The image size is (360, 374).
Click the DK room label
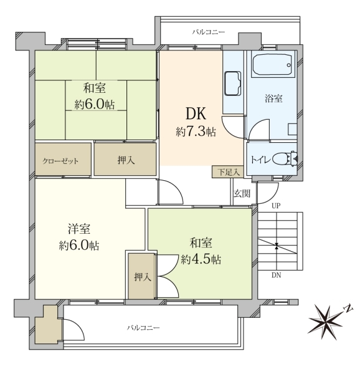(x=196, y=113)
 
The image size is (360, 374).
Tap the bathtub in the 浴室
(x=272, y=65)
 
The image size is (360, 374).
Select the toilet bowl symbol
(x=285, y=158)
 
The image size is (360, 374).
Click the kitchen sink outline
(x=232, y=84)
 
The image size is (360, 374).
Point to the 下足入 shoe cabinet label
(x=228, y=172)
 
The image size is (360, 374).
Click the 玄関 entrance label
(x=242, y=193)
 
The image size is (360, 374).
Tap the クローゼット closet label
(x=60, y=161)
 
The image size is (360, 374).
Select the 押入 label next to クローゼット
(x=126, y=160)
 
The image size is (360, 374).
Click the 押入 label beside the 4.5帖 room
(x=143, y=277)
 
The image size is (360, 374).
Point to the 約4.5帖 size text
(x=201, y=259)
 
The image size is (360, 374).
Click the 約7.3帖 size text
(x=196, y=132)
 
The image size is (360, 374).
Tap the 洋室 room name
(x=79, y=229)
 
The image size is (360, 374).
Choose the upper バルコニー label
(x=208, y=32)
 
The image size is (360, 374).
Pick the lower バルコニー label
(x=143, y=328)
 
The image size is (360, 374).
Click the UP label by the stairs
(x=276, y=206)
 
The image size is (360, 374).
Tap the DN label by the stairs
(x=276, y=276)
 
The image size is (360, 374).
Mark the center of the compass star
(x=326, y=322)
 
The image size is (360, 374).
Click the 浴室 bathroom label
(x=273, y=98)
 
